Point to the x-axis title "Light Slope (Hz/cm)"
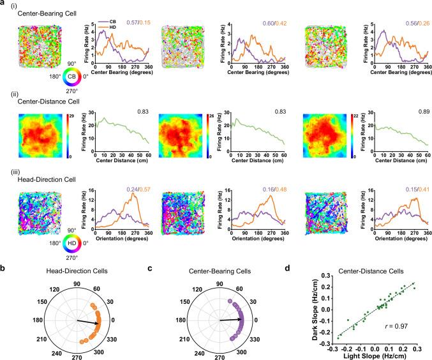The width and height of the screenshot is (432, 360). [x=371, y=355]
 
